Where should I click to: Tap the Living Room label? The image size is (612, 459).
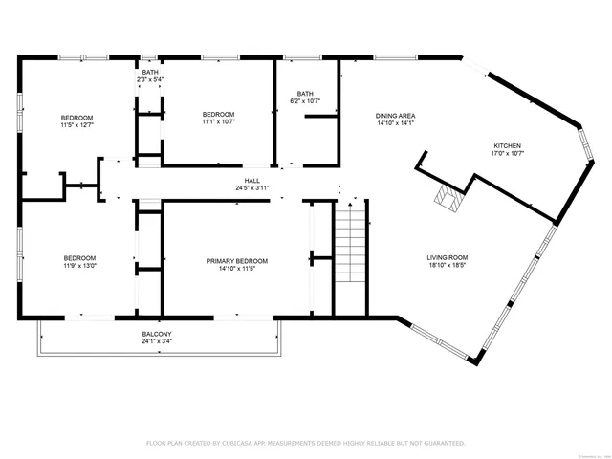(x=447, y=257)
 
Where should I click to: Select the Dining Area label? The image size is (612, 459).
(x=394, y=116)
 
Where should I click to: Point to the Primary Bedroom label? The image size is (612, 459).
(x=238, y=261)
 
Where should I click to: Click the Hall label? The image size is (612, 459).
(x=251, y=180)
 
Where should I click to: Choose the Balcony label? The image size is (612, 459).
(x=157, y=334)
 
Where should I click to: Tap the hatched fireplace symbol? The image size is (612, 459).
(x=447, y=198)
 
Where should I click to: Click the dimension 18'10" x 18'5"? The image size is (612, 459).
(x=447, y=265)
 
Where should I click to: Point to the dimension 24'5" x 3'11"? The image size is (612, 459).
(x=251, y=187)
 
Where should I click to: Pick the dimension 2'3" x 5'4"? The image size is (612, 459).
(x=151, y=79)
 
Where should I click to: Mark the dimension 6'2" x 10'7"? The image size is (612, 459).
(x=304, y=100)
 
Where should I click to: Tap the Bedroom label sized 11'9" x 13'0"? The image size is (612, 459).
(x=79, y=257)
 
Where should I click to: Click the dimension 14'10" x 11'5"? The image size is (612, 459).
(x=238, y=269)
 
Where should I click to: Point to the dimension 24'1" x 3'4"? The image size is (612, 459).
(x=157, y=341)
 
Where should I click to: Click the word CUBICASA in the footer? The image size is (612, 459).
(x=245, y=443)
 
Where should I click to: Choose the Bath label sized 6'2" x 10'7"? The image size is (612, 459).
(x=304, y=93)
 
